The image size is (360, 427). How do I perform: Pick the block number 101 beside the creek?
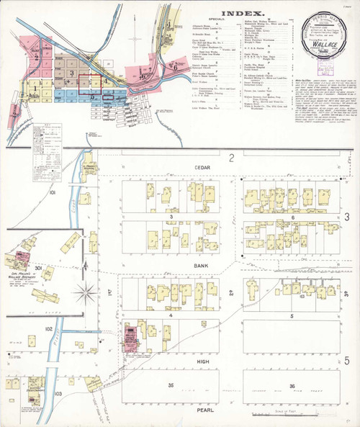52,194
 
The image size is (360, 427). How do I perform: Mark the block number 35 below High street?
171,385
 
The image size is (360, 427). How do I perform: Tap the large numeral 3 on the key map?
72,73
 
